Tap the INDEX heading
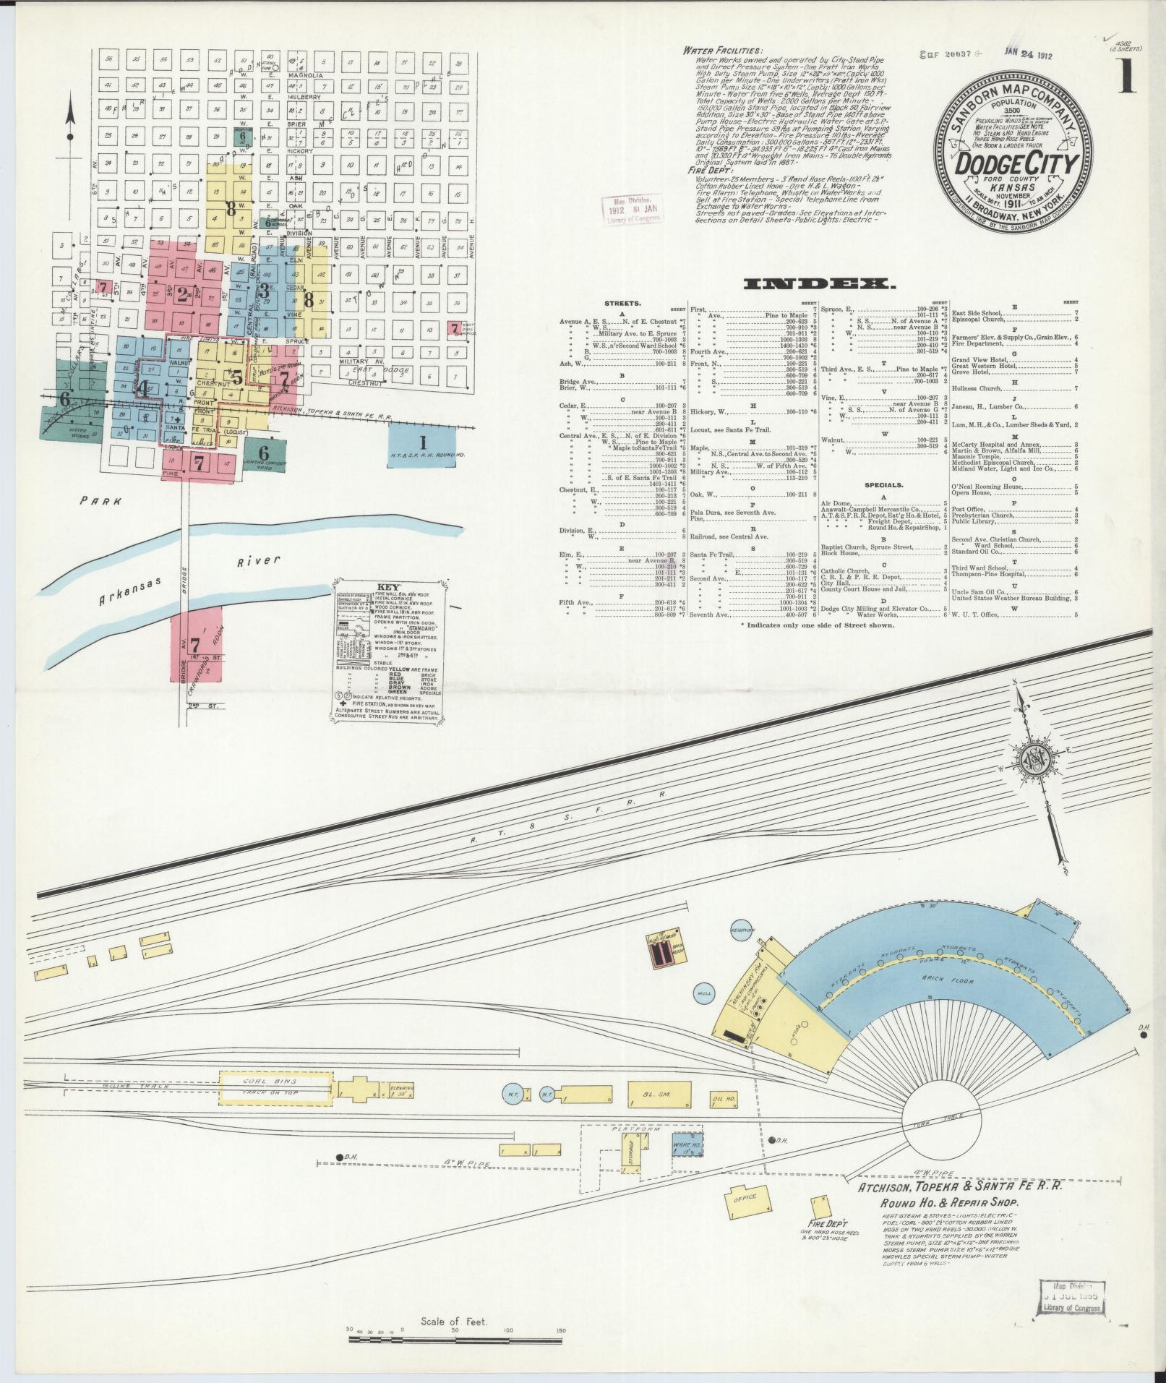[820, 284]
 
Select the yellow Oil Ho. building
[724, 1120]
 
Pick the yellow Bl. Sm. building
[659, 1114]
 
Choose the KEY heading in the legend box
[389, 587]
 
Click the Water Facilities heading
[722, 51]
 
